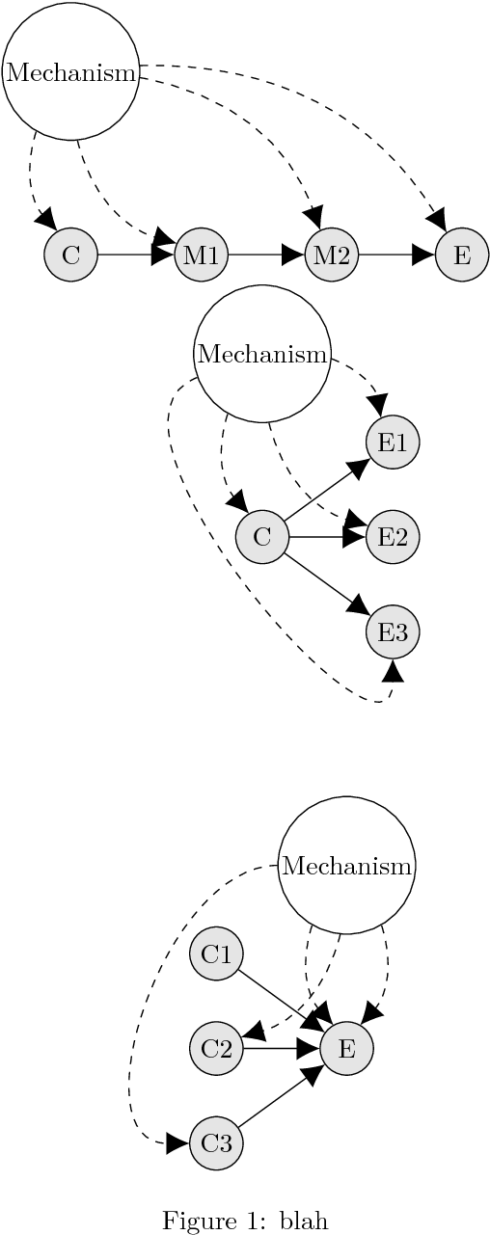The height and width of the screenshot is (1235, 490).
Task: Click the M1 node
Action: pos(202,255)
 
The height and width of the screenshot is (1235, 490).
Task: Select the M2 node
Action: pos(332,255)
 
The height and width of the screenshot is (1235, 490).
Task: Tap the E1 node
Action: pos(393,443)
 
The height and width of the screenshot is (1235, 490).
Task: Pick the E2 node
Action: pos(393,537)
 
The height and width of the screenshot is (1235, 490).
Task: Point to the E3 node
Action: pos(393,632)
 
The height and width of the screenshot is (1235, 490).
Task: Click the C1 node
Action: pos(216,954)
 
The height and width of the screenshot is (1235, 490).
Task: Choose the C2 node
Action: pos(216,1048)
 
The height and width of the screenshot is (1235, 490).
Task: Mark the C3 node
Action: pos(216,1143)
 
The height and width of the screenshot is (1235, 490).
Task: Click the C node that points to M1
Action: pos(70,255)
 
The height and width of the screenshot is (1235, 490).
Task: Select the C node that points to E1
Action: pos(261,537)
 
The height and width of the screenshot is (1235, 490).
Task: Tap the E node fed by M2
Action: pos(462,255)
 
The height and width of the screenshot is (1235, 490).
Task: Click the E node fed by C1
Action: pos(346,1048)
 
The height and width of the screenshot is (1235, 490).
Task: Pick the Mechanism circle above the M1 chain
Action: pos(70,71)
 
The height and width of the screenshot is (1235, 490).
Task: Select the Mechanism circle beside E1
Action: pos(261,354)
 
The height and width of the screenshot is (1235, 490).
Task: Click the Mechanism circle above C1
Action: pos(346,865)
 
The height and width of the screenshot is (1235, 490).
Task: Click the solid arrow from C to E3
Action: pos(326,584)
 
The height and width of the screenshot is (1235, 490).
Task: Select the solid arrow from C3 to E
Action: pos(280,1097)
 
